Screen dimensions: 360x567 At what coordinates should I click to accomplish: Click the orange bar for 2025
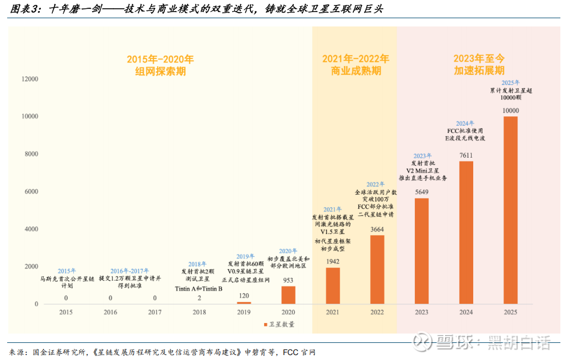[x=510, y=210]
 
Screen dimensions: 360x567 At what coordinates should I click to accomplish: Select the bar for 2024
[x=466, y=232]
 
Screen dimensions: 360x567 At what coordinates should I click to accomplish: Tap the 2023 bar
[x=421, y=251]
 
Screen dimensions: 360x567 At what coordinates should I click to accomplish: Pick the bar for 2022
[x=377, y=270]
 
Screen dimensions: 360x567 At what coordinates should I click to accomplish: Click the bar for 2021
[x=333, y=286]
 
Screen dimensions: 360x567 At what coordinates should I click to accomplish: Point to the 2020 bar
[x=288, y=295]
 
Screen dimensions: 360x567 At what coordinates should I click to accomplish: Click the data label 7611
[x=466, y=155]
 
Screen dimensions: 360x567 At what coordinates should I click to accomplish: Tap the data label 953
[x=288, y=280]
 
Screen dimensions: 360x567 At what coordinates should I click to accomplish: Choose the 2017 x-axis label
[x=155, y=313]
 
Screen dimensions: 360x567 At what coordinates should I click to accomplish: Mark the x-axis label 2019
[x=244, y=313]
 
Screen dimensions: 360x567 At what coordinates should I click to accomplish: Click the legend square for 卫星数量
[x=265, y=324]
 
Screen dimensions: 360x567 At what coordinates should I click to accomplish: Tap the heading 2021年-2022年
[x=355, y=58]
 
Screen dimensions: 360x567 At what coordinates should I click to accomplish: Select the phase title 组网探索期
[x=160, y=71]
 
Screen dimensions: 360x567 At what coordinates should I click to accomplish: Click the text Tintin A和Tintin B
[x=199, y=289]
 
